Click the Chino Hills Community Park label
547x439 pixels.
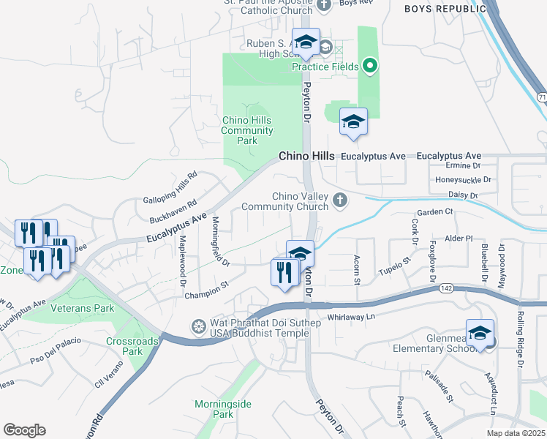247,130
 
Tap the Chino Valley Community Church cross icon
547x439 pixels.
339,200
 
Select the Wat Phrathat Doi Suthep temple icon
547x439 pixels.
197,326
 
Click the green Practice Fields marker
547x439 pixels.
370,67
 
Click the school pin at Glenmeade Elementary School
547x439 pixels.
480,334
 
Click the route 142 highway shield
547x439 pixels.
445,289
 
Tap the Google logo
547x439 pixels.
24,429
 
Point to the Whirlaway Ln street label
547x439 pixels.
350,316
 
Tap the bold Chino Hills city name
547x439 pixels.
306,157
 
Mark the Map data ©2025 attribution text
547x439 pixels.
516,433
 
